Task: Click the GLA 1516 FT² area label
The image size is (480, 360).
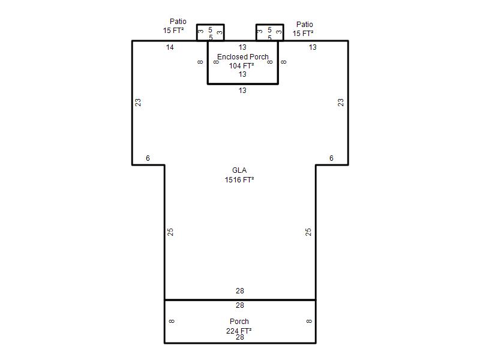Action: [x=239, y=175]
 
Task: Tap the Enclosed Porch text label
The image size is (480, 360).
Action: [x=243, y=56]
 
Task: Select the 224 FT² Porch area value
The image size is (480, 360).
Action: [x=239, y=331]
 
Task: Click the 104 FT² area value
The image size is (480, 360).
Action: [x=242, y=65]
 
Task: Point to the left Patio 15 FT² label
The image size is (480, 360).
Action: [x=174, y=26]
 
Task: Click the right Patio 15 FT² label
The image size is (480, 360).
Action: [x=303, y=29]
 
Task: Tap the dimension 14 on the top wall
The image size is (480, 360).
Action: [x=170, y=47]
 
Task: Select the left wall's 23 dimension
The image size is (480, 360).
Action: [x=138, y=102]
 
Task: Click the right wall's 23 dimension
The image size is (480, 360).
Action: [x=341, y=102]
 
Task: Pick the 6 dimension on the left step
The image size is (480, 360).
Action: [x=148, y=158]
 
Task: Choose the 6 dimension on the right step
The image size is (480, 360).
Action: [x=331, y=158]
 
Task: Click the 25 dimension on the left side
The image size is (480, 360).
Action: [x=170, y=232]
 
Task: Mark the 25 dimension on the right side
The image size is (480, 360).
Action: [x=308, y=232]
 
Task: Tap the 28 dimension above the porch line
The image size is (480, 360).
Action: [x=240, y=291]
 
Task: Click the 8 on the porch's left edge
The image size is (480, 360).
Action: [x=172, y=321]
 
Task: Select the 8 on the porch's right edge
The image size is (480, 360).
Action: [x=309, y=321]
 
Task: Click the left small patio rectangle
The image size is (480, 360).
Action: [x=211, y=25]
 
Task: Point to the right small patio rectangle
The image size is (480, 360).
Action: [x=269, y=25]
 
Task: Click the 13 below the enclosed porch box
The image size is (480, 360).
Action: [x=242, y=91]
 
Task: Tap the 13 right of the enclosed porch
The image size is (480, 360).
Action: [x=313, y=47]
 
